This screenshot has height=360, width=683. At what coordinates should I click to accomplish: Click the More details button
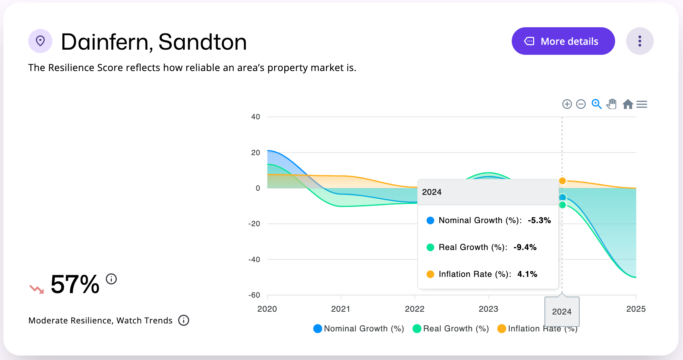[563, 41]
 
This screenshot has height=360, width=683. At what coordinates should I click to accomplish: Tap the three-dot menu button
[640, 41]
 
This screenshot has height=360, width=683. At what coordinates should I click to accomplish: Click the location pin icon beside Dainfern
[40, 41]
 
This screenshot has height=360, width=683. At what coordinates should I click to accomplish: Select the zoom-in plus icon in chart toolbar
[567, 104]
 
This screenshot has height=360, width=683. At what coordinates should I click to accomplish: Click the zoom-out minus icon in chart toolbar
[581, 104]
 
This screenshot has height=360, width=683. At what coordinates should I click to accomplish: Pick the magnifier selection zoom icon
[597, 104]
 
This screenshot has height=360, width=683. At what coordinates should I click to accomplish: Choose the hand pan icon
[612, 104]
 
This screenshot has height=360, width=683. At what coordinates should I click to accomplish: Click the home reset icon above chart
[628, 104]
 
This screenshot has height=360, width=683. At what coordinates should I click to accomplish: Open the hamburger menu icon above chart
[642, 104]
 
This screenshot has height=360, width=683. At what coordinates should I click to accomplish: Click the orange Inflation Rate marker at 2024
[562, 181]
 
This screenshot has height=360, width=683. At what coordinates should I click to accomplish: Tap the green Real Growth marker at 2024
[562, 205]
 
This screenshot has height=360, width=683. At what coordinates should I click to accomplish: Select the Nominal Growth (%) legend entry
[358, 329]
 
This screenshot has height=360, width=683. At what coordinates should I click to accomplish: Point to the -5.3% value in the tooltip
[539, 220]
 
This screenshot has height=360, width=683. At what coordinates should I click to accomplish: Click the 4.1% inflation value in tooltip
[527, 274]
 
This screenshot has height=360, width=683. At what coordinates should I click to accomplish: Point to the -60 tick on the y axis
[254, 295]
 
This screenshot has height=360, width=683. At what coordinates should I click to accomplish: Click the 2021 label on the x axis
[340, 309]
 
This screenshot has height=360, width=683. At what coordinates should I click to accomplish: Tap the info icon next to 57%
[111, 279]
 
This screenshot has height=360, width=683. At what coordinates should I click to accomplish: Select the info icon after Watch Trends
[184, 320]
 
